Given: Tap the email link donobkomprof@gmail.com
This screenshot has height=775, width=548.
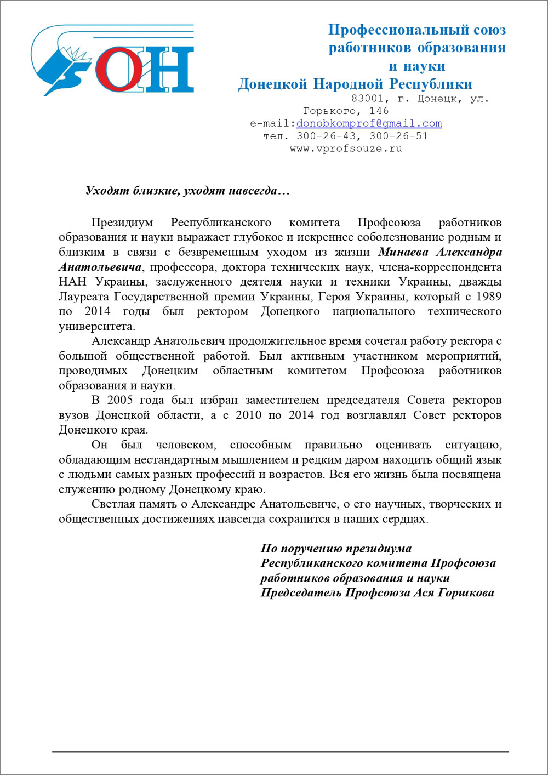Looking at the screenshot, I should tap(369, 124).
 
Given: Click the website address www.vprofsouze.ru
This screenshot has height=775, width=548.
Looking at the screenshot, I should tap(346, 149).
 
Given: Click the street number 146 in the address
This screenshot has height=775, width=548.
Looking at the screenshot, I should tap(379, 111).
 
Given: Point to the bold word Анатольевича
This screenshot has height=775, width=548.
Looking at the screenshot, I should tap(100, 267).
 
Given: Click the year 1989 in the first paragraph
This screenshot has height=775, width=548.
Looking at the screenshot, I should tap(489, 297).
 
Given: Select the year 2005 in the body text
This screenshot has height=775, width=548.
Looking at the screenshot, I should tap(120, 400).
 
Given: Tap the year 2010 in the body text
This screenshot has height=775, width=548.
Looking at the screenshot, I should tap(248, 415).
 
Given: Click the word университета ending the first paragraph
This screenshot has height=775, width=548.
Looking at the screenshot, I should tap(96, 327).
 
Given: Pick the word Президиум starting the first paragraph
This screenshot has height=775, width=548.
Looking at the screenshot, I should tap(122, 223).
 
